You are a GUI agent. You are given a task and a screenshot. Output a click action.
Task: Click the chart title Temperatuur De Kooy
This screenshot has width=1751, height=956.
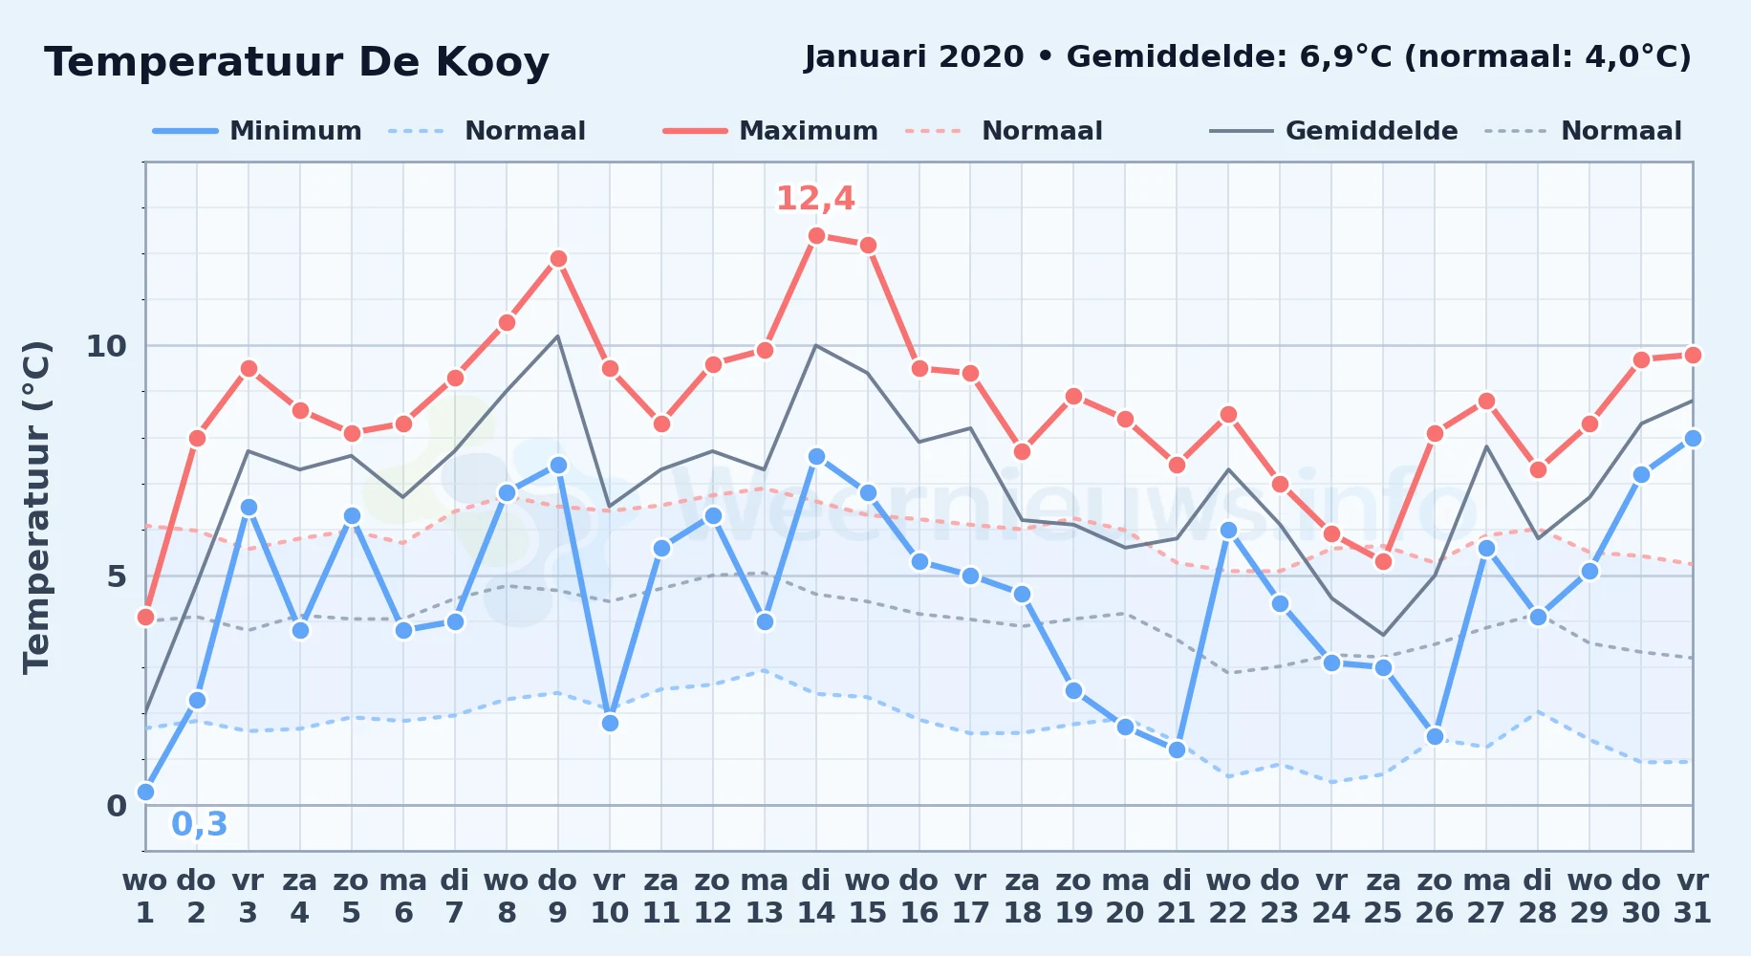click(x=296, y=63)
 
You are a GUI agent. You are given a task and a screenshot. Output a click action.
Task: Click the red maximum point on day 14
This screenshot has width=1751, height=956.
click(x=816, y=236)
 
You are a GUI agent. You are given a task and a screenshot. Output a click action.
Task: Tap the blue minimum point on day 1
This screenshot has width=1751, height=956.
click(x=145, y=792)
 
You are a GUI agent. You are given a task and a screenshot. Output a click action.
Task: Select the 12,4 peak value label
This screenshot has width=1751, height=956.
click(x=815, y=199)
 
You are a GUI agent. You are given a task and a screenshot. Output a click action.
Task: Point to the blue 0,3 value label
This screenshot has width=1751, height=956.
click(x=200, y=824)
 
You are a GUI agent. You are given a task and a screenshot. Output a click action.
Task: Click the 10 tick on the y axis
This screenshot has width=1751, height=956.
click(x=106, y=346)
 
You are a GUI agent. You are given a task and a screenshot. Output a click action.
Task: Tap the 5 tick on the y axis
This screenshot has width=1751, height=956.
click(x=117, y=576)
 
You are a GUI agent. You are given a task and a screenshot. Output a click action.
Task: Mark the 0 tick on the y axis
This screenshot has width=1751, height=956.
click(x=117, y=806)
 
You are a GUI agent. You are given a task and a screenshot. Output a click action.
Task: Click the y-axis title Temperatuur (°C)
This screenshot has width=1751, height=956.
click(x=36, y=507)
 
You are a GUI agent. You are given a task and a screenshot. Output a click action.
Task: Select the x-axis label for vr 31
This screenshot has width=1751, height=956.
click(x=1693, y=897)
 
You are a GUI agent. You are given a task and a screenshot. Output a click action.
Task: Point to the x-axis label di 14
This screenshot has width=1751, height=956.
click(x=816, y=897)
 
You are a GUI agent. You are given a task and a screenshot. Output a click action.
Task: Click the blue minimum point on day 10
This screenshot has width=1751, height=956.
click(x=610, y=723)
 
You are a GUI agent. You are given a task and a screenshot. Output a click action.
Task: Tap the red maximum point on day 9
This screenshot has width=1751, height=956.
click(x=558, y=259)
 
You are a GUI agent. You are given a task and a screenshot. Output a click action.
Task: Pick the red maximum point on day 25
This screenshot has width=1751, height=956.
click(x=1383, y=561)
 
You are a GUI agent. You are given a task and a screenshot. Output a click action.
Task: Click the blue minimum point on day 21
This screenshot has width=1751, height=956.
click(x=1177, y=750)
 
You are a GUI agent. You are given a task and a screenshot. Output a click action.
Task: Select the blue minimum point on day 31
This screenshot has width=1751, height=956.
click(x=1693, y=438)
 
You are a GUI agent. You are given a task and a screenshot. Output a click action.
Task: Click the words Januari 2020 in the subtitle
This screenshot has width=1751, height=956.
click(x=914, y=57)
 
